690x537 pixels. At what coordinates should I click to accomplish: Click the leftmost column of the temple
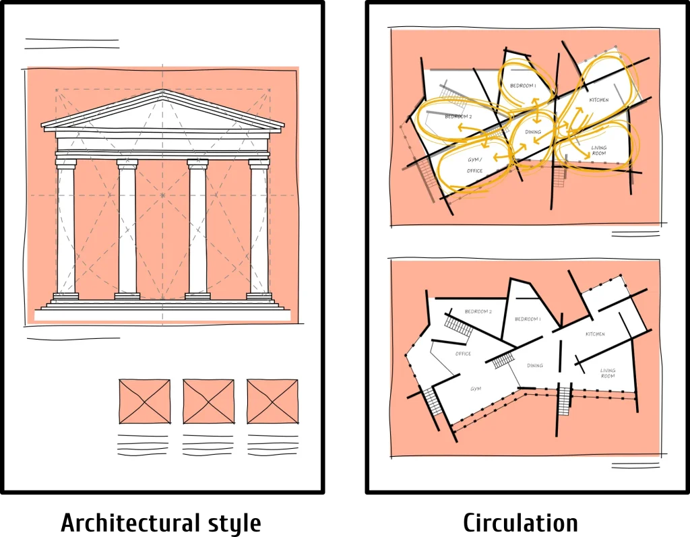[66, 229]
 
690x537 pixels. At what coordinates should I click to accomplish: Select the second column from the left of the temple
[127, 229]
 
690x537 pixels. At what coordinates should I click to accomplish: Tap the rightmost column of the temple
[259, 229]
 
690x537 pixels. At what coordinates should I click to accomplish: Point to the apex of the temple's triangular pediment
[162, 91]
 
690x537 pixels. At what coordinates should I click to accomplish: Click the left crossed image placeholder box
[145, 402]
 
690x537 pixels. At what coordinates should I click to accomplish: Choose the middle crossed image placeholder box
[209, 402]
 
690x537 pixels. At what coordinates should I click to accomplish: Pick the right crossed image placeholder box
[272, 402]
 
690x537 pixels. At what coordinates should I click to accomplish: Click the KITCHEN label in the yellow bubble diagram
[598, 100]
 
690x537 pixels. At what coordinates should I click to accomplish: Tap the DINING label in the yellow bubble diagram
[533, 132]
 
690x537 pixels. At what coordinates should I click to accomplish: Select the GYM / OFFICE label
[475, 166]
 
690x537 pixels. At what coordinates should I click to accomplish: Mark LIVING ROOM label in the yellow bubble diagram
[598, 150]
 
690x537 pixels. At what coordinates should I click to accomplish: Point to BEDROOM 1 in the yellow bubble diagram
[523, 86]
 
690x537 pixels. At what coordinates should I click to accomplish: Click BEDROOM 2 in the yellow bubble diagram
[458, 117]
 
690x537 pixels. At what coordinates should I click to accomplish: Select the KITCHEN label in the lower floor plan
[595, 334]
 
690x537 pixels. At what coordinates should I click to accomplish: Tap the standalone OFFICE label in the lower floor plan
[463, 354]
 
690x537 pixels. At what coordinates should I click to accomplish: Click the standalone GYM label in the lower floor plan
[476, 389]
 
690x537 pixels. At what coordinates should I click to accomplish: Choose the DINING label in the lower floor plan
[535, 366]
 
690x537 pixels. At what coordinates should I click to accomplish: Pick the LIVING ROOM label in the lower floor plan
[608, 373]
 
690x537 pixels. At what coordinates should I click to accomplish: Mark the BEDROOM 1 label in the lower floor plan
[527, 319]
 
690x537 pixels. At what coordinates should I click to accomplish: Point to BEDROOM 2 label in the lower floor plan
[478, 311]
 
